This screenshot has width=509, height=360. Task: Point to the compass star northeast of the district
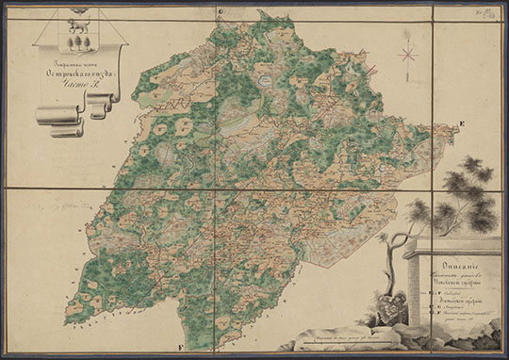409,54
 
